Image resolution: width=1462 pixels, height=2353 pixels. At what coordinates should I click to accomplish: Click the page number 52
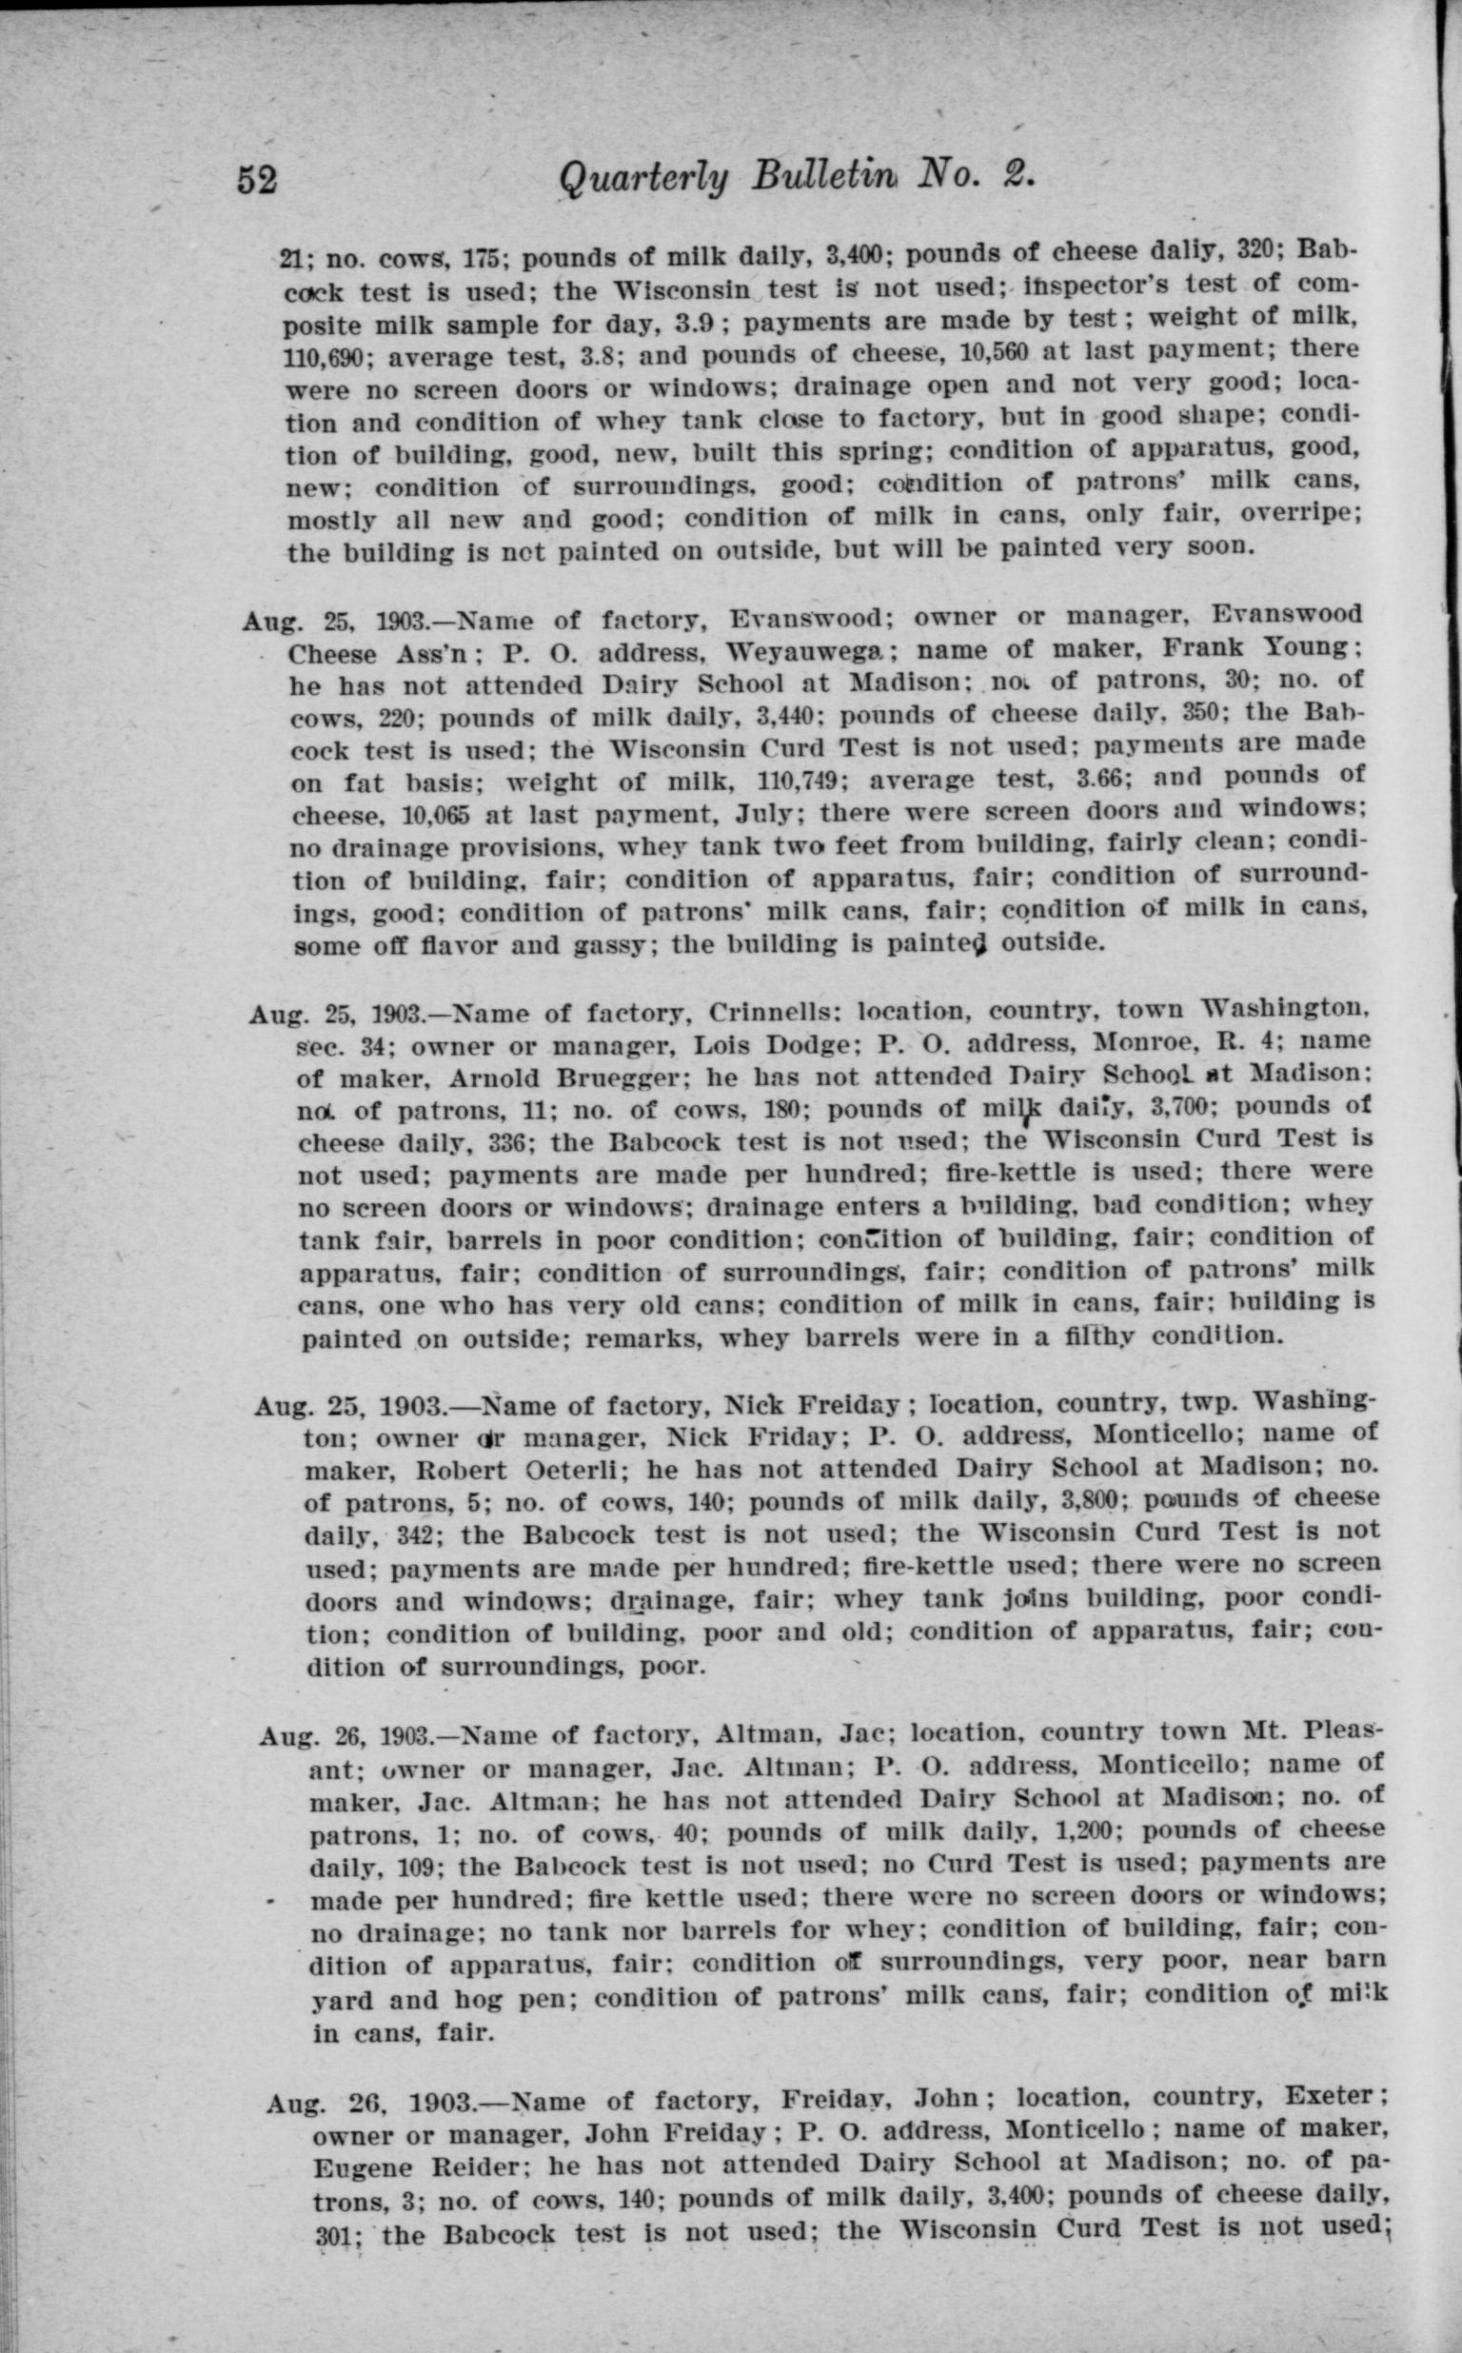pos(258,181)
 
